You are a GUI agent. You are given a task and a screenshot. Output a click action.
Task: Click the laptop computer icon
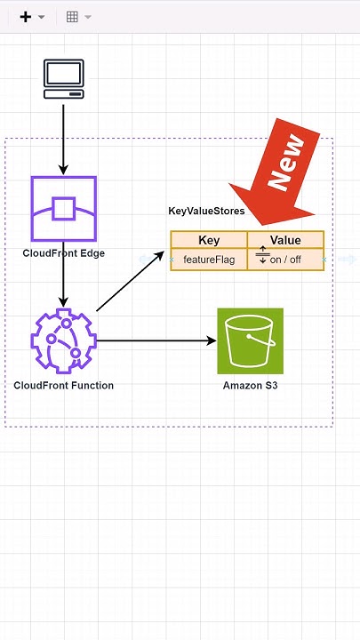click(x=63, y=79)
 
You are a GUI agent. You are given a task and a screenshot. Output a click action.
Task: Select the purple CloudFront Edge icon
click(x=63, y=209)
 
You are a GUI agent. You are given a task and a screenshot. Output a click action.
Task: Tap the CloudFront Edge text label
click(x=63, y=253)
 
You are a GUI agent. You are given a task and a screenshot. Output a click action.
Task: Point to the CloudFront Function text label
click(x=63, y=386)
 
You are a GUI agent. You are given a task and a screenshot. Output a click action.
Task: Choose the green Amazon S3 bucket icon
click(x=250, y=340)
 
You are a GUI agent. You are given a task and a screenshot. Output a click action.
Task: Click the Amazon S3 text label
click(x=250, y=386)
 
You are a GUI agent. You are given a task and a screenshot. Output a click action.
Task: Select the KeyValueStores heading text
click(x=206, y=212)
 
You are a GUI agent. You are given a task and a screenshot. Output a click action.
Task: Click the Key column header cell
click(x=209, y=240)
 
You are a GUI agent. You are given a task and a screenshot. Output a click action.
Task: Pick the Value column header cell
click(x=285, y=240)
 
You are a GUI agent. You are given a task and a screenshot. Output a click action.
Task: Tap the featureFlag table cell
click(x=209, y=260)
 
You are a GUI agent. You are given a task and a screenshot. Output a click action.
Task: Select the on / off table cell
click(x=286, y=260)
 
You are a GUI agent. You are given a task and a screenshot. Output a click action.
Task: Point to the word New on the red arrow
click(x=291, y=163)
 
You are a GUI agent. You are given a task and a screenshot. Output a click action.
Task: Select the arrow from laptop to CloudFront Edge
click(x=63, y=138)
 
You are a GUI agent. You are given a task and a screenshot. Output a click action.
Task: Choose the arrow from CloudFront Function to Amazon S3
click(x=156, y=340)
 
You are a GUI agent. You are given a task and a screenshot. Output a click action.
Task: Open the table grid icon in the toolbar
click(x=72, y=17)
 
